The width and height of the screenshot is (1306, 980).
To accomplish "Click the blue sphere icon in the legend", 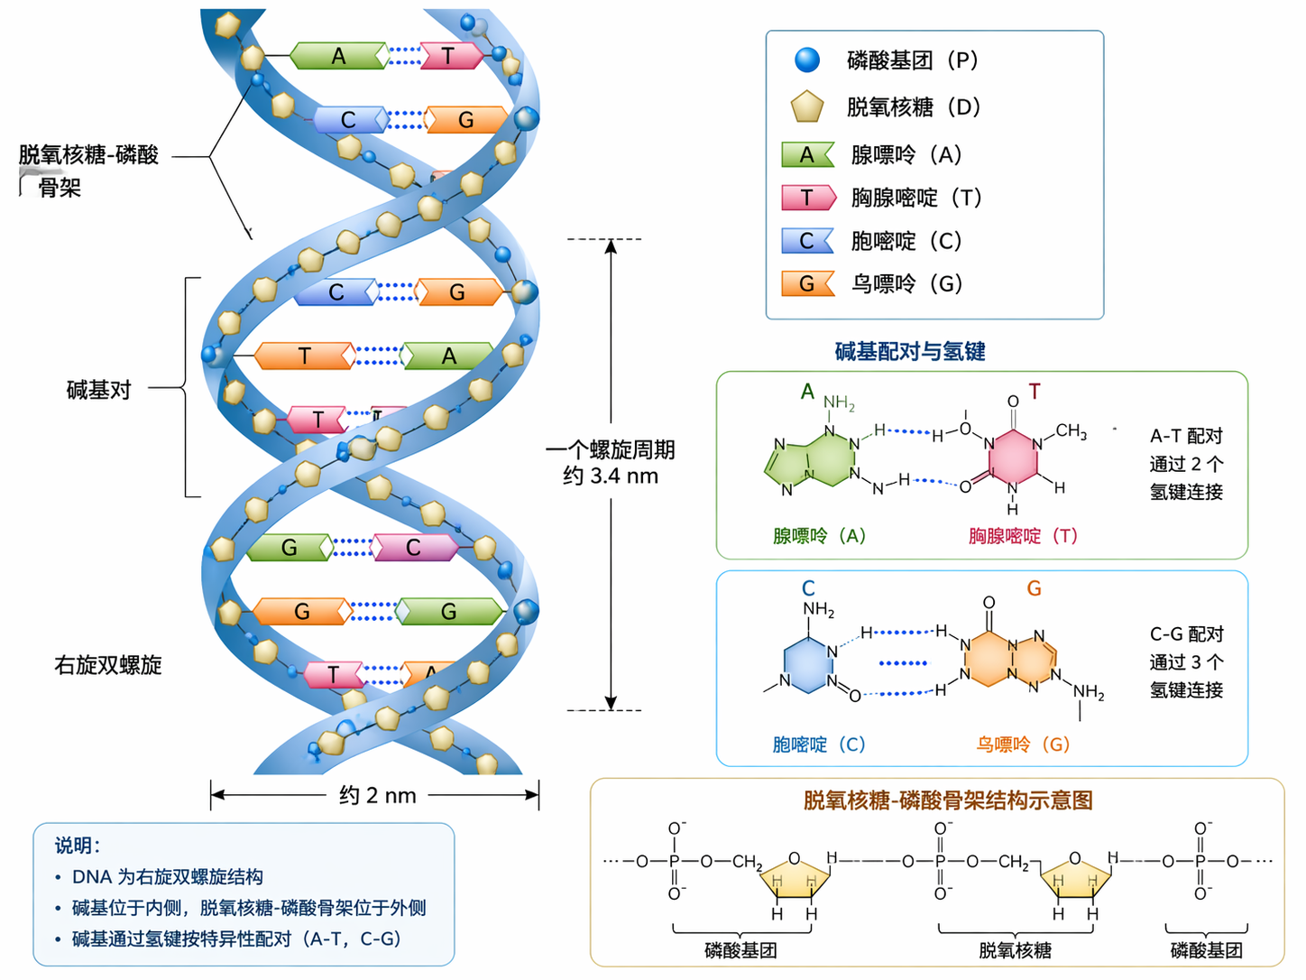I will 807,60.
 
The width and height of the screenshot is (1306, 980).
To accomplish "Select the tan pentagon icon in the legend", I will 807,107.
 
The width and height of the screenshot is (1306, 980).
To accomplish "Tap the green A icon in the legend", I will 807,155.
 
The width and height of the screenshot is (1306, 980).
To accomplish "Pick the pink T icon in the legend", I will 807,198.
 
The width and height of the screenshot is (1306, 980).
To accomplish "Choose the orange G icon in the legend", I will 807,283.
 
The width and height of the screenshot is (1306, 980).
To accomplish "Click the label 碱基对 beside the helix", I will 99,390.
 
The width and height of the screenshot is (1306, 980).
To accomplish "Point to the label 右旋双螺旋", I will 108,666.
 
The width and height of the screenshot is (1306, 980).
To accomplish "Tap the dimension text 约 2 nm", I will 377,795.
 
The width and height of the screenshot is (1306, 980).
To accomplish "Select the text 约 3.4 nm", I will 611,476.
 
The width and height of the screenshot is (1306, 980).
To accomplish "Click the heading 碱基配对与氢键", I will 909,352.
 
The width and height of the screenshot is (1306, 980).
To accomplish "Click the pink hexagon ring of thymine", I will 1013,458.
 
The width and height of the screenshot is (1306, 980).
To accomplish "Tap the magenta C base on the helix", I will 415,548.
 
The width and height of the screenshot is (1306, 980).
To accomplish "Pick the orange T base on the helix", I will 305,356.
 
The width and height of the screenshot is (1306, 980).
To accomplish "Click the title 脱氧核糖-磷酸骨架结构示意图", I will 948,800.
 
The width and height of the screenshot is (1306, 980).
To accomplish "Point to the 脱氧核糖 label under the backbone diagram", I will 1015,950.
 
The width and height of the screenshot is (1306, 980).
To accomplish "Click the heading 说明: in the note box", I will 78,846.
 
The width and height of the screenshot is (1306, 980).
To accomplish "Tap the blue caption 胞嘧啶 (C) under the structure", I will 818,744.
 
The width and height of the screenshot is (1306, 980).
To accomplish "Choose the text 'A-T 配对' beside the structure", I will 1186,436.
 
